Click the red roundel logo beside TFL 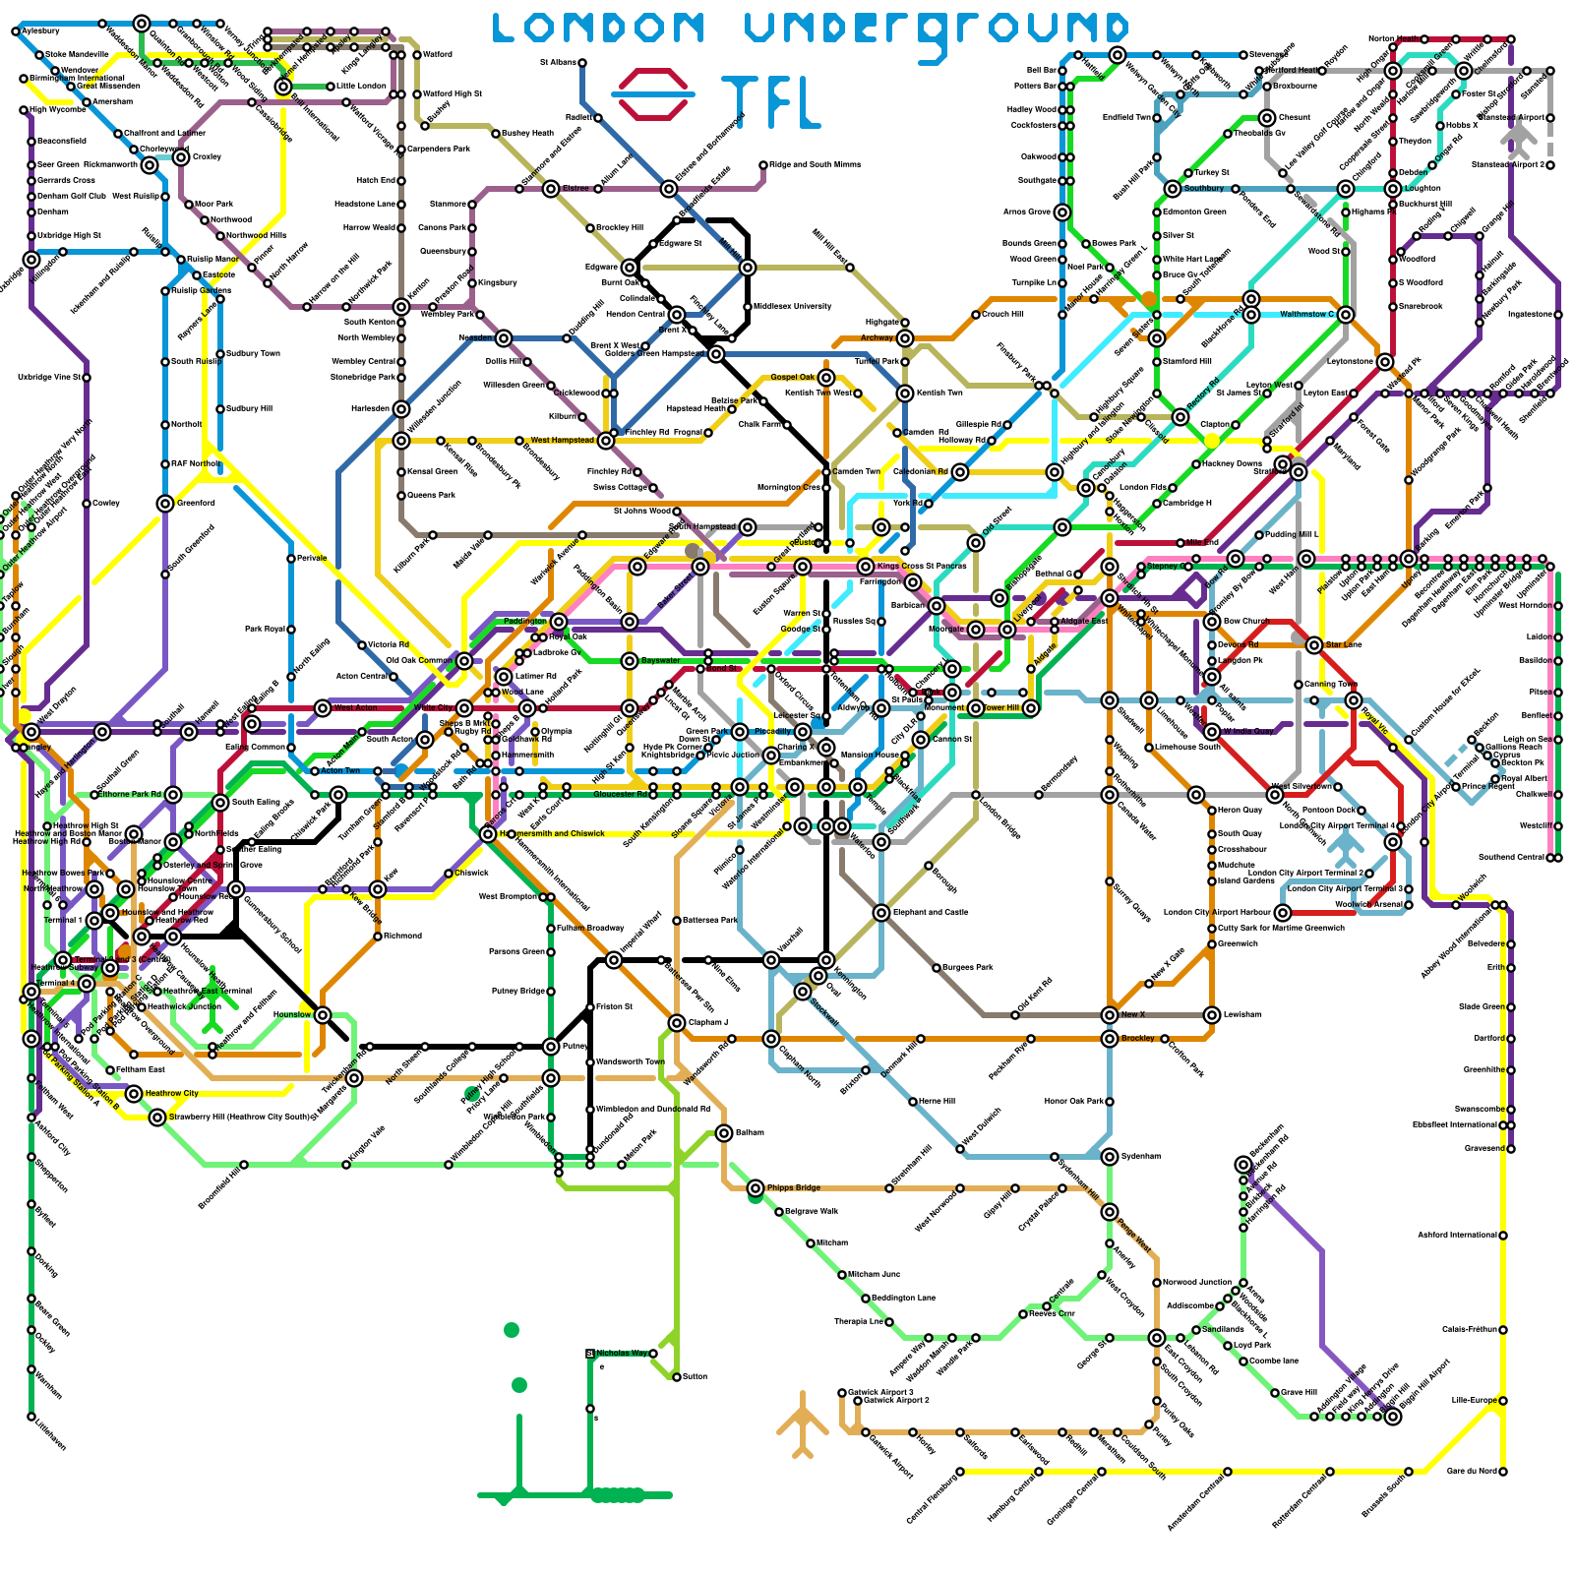pos(652,93)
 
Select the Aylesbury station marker pos(16,31)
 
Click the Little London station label pos(362,87)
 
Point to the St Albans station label pos(558,63)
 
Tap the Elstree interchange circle pos(551,189)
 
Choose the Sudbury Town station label pos(253,354)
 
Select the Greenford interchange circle pos(165,504)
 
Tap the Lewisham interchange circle pos(1212,1015)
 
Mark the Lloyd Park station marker pos(1228,1346)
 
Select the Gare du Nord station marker pos(1503,1472)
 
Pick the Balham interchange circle pos(724,1133)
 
